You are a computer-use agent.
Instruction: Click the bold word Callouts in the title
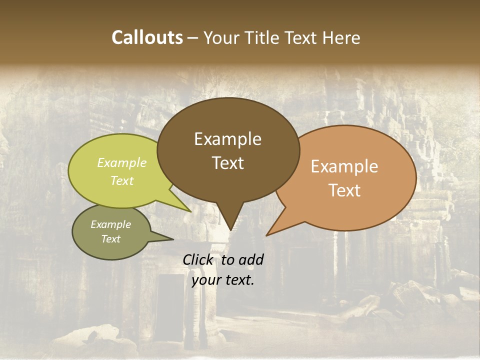[147, 37]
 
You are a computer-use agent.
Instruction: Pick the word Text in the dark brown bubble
[227, 162]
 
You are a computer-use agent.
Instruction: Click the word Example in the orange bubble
[344, 166]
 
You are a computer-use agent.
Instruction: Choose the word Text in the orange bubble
[344, 190]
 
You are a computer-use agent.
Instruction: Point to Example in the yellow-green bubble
[122, 162]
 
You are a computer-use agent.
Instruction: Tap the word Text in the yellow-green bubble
[122, 180]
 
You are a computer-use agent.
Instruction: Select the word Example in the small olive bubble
[110, 224]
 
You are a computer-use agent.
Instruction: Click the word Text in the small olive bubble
[110, 239]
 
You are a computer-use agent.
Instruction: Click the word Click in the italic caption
[198, 259]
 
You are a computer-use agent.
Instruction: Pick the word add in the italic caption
[250, 259]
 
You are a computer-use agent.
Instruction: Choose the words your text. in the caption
[223, 280]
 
